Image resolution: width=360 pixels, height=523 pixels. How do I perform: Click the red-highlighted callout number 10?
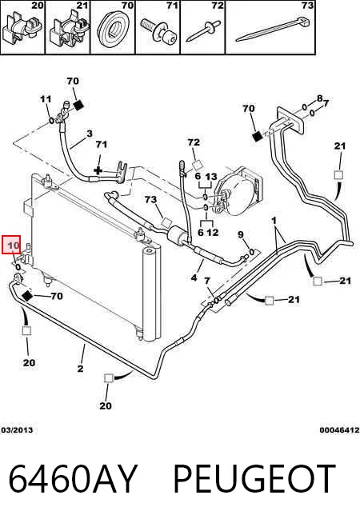pyautogui.click(x=14, y=246)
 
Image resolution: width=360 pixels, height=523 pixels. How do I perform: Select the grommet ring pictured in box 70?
pyautogui.click(x=112, y=29)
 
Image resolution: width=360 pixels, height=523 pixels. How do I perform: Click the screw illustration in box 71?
pyautogui.click(x=159, y=31)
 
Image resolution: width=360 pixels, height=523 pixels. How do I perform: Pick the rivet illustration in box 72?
pyautogui.click(x=203, y=31)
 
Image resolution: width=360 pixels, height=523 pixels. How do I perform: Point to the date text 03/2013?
pyautogui.click(x=17, y=430)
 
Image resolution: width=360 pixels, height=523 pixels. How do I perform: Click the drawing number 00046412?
pyautogui.click(x=339, y=430)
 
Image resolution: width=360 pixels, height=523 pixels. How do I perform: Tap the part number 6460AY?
pyautogui.click(x=73, y=478)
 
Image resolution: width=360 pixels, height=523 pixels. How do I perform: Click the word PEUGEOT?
pyautogui.click(x=254, y=478)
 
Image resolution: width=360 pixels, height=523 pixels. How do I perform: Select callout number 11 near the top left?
pyautogui.click(x=46, y=99)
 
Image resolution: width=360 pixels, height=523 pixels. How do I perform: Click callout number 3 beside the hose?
pyautogui.click(x=90, y=134)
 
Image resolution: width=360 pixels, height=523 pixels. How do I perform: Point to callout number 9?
pyautogui.click(x=241, y=235)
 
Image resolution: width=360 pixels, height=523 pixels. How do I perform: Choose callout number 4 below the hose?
pyautogui.click(x=194, y=277)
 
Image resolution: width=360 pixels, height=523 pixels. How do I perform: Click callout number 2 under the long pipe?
pyautogui.click(x=80, y=369)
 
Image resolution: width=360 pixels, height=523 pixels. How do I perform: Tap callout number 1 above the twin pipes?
pyautogui.click(x=274, y=220)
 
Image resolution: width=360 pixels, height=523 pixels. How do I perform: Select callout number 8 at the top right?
pyautogui.click(x=320, y=98)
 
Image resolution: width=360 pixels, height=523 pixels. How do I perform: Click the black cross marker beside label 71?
pyautogui.click(x=98, y=171)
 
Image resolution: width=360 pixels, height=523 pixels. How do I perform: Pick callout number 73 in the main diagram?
pyautogui.click(x=151, y=199)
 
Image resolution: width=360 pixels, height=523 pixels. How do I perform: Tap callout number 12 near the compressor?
pyautogui.click(x=213, y=232)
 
